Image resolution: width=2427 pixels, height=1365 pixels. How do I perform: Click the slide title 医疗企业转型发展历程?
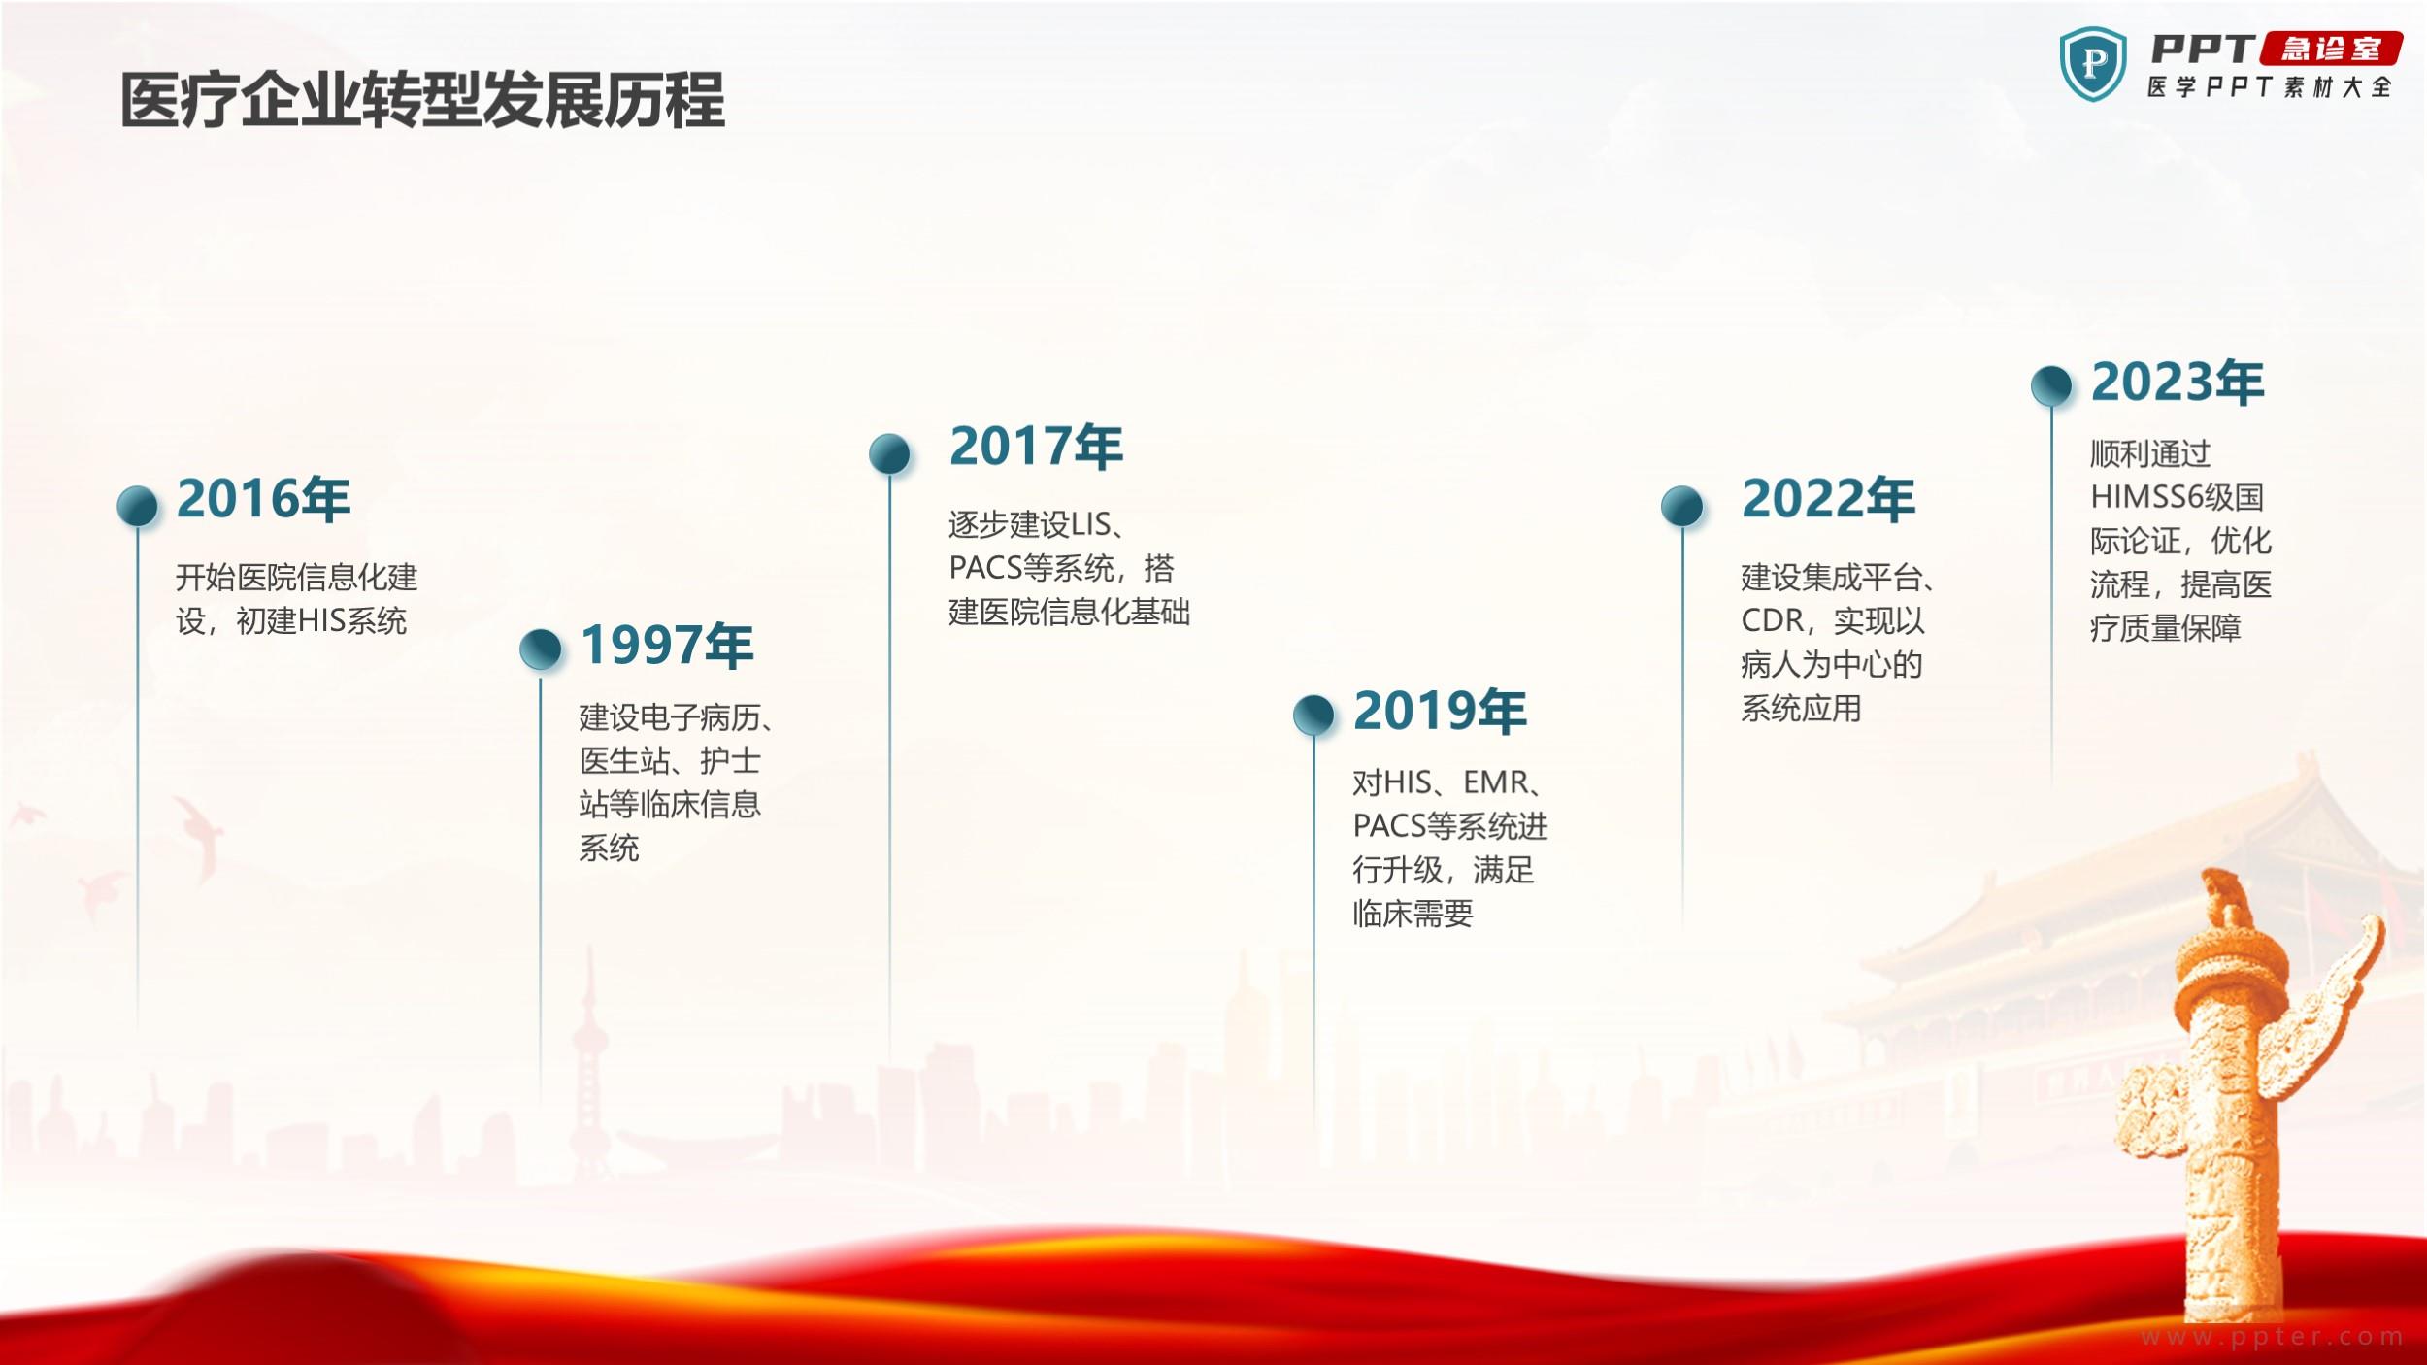[422, 101]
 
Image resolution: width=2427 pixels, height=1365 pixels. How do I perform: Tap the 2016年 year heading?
[263, 499]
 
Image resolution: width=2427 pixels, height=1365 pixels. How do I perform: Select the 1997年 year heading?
[667, 646]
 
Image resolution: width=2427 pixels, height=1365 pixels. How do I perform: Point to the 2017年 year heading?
[1036, 447]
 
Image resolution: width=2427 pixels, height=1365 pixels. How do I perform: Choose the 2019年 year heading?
[1440, 711]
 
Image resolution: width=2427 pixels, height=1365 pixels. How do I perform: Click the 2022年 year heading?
[1828, 499]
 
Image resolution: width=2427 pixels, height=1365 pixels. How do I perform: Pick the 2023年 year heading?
[2178, 382]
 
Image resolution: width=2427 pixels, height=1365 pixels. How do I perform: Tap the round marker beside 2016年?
[137, 506]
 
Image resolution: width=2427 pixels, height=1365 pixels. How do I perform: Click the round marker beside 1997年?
[541, 649]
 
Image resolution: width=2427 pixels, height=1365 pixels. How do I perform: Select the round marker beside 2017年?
[889, 453]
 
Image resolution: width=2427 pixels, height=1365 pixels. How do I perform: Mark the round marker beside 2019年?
[1313, 715]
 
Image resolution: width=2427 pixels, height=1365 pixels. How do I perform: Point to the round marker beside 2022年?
[1682, 506]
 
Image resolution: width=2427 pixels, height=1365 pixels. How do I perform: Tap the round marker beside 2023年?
[2051, 385]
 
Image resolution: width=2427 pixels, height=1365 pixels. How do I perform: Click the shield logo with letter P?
[2093, 64]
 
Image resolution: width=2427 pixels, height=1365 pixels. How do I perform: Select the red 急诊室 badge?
[2331, 49]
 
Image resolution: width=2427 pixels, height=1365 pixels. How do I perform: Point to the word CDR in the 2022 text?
[1772, 620]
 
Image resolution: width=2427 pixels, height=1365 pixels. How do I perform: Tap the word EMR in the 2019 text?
[1495, 782]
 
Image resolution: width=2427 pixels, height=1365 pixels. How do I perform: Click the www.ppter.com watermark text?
[2272, 1337]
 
